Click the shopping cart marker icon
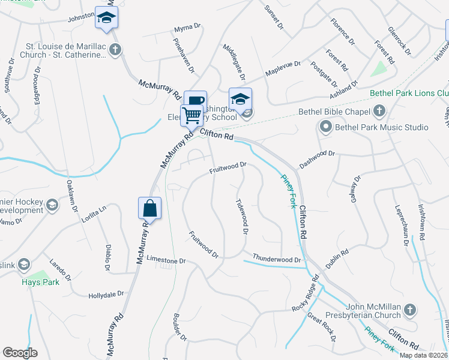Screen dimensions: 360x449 pyautogui.click(x=191, y=115)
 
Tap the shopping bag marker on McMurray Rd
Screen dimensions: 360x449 pyautogui.click(x=149, y=209)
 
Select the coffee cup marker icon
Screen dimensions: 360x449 pyautogui.click(x=196, y=101)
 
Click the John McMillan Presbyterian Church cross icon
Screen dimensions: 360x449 pyautogui.click(x=409, y=310)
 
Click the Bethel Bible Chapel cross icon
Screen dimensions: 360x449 pyautogui.click(x=379, y=111)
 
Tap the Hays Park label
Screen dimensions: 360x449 pyautogui.click(x=40, y=282)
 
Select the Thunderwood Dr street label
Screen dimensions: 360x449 pyautogui.click(x=277, y=259)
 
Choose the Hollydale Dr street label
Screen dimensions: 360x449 pyautogui.click(x=106, y=294)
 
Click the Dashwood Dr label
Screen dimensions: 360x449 pyautogui.click(x=315, y=154)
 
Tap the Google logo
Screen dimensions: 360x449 pyautogui.click(x=20, y=353)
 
